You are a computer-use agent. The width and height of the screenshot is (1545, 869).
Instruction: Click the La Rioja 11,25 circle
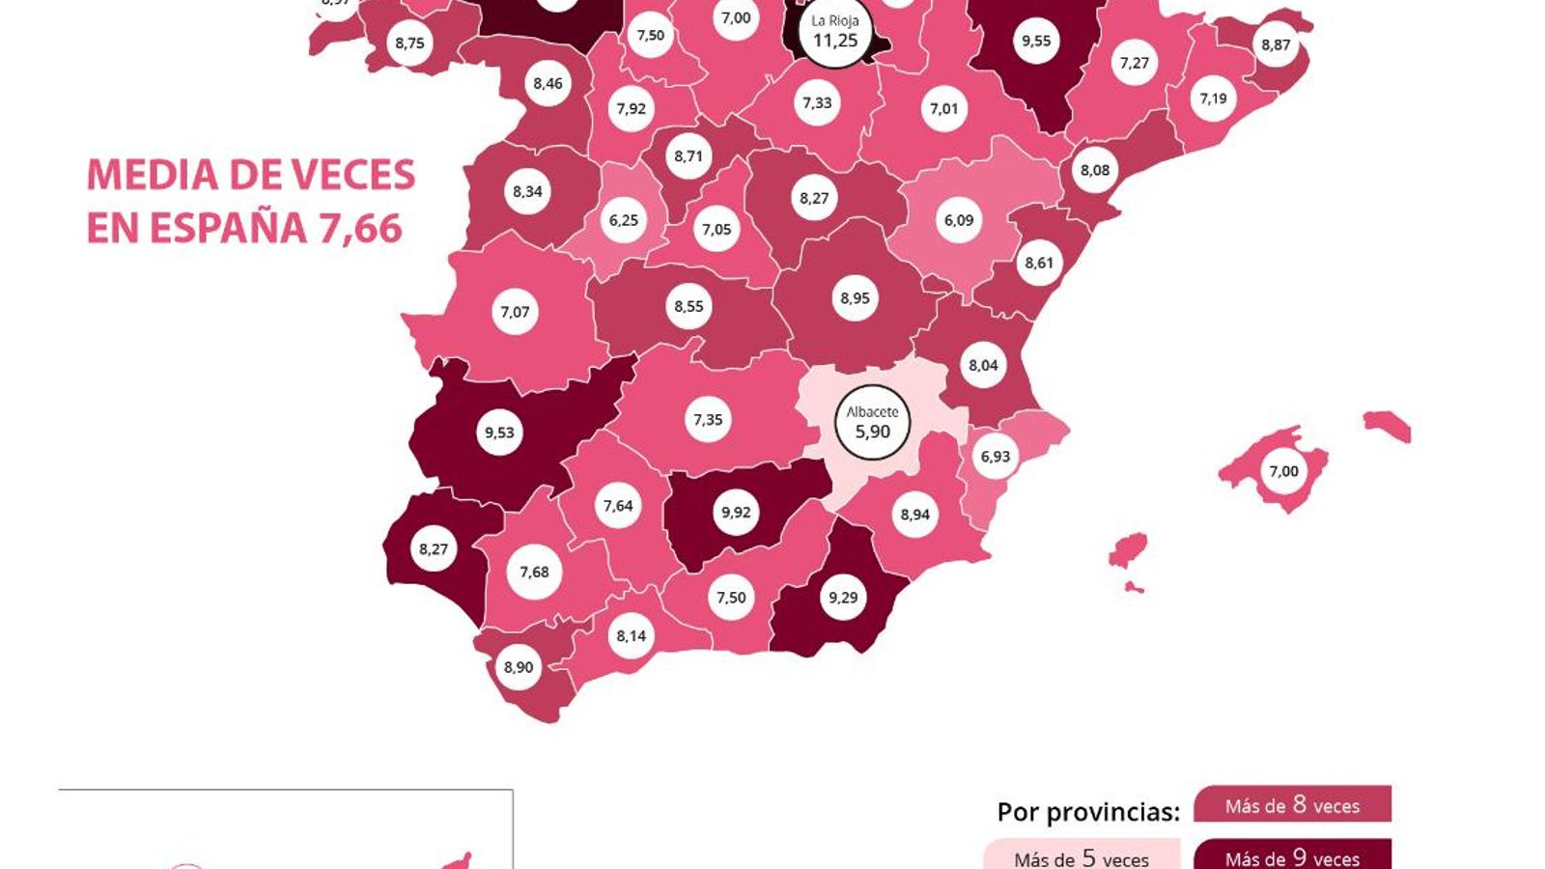click(835, 33)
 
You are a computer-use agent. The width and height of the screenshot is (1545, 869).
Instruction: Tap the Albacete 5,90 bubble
click(872, 423)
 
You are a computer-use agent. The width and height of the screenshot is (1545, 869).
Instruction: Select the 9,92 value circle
click(736, 513)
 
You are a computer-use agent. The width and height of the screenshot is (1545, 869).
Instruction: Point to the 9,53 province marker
click(499, 433)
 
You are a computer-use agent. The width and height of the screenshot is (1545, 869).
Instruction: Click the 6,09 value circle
click(959, 220)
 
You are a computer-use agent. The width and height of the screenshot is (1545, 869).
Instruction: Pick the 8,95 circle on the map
click(855, 298)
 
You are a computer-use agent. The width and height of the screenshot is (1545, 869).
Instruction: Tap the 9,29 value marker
click(843, 598)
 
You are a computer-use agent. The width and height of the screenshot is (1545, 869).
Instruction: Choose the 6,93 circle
click(995, 457)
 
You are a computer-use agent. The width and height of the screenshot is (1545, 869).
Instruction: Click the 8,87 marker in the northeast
click(1276, 44)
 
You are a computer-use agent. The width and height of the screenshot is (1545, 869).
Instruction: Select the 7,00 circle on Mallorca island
click(1283, 471)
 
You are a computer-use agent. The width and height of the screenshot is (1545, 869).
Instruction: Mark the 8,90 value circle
click(519, 667)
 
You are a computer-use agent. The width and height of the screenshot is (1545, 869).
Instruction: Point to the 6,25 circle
click(624, 220)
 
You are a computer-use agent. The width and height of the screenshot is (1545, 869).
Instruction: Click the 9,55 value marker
click(1036, 41)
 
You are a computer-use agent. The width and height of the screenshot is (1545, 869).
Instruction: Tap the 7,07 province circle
click(515, 312)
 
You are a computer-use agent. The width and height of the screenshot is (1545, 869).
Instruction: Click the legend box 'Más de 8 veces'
click(1292, 805)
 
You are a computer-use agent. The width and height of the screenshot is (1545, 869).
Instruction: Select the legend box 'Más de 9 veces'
click(1292, 855)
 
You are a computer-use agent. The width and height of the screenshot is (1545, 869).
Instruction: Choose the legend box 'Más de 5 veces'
click(1081, 856)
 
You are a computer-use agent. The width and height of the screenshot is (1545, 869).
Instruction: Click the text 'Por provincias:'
click(1088, 812)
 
